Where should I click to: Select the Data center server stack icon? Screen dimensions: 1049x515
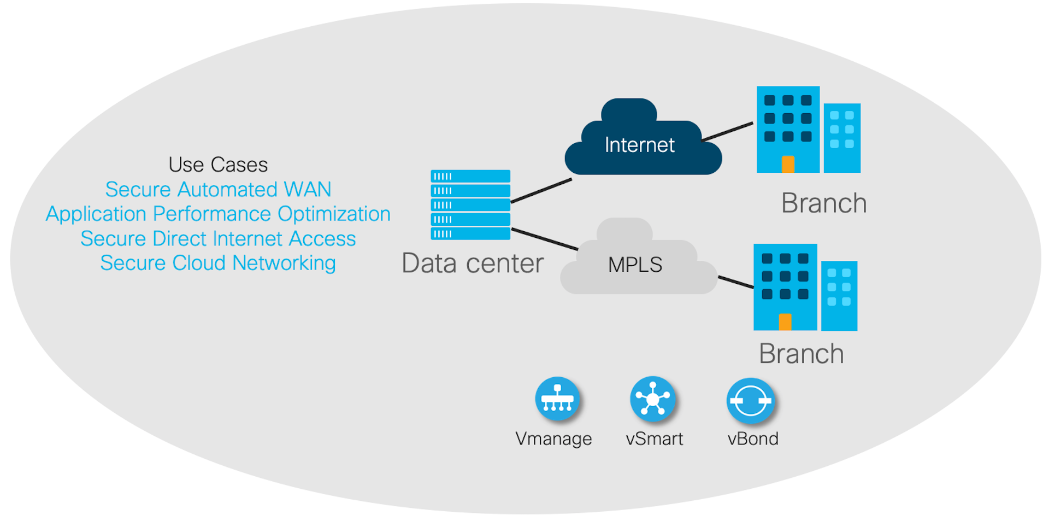tap(470, 205)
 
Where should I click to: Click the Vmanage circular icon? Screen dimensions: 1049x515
tap(557, 399)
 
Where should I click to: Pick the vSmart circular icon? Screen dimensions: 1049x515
tap(653, 399)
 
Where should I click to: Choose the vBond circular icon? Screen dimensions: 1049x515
tap(751, 401)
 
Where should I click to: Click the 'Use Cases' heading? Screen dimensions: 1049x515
tap(218, 165)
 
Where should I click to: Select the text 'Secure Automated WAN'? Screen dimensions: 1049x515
tap(218, 189)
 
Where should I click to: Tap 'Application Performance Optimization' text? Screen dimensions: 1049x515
tap(218, 214)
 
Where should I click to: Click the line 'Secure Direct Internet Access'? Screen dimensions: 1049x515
tap(218, 238)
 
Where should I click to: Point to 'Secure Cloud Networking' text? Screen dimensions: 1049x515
tap(218, 263)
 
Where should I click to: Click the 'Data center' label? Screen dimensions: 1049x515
tap(473, 263)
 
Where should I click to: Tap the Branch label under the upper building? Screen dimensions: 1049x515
tap(824, 203)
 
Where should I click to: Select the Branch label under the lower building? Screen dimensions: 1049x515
tap(802, 354)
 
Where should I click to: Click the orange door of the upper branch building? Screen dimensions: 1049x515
tap(788, 165)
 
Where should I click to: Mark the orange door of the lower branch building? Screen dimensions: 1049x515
tap(785, 322)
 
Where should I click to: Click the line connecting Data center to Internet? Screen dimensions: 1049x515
tap(541, 191)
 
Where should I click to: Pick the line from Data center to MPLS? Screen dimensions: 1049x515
tap(545, 239)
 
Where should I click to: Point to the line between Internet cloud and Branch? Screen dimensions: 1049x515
tap(727, 132)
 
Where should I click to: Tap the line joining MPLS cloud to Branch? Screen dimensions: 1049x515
tap(736, 282)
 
